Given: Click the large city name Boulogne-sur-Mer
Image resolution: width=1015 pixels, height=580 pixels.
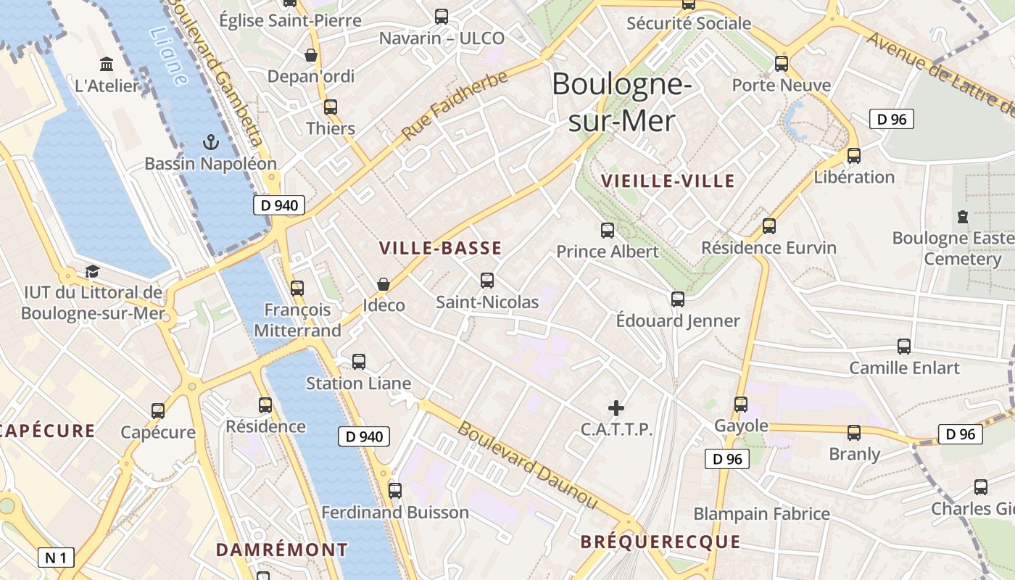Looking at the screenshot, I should [x=622, y=103].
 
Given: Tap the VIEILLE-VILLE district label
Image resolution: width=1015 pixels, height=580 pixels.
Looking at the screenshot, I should [x=668, y=181].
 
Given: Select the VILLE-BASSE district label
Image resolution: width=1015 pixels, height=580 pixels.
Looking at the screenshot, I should [x=440, y=249].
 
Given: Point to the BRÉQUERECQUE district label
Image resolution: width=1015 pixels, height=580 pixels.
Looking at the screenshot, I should [x=660, y=542].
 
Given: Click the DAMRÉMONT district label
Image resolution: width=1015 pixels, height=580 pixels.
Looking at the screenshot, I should [x=282, y=550].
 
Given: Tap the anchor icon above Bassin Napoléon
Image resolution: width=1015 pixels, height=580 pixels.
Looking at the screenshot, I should [x=211, y=141].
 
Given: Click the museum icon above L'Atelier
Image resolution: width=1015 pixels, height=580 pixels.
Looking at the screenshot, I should [x=107, y=65].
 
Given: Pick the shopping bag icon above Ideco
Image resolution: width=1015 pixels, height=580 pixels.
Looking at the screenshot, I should [x=384, y=284].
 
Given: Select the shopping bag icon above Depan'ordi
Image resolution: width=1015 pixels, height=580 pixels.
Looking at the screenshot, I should [x=311, y=55].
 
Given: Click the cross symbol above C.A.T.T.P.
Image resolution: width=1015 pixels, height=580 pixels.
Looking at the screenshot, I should [x=616, y=408].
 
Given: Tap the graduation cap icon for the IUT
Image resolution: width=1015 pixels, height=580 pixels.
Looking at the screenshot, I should [x=92, y=272].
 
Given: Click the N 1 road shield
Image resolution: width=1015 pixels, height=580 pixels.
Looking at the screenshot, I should [x=56, y=558].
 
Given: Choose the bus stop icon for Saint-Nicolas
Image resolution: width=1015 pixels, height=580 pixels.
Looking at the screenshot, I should [x=487, y=280].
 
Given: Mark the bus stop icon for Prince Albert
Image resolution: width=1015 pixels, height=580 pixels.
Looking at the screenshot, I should [x=608, y=231].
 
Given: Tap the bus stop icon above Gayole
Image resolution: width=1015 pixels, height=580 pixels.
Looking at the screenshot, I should [x=741, y=405].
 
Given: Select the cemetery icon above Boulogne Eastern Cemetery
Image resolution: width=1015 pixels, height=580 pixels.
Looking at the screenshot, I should [x=963, y=217].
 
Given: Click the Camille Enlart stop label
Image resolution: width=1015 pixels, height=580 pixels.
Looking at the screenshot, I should [x=904, y=368].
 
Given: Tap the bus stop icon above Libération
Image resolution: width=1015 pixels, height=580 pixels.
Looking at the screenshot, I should [x=854, y=155].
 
